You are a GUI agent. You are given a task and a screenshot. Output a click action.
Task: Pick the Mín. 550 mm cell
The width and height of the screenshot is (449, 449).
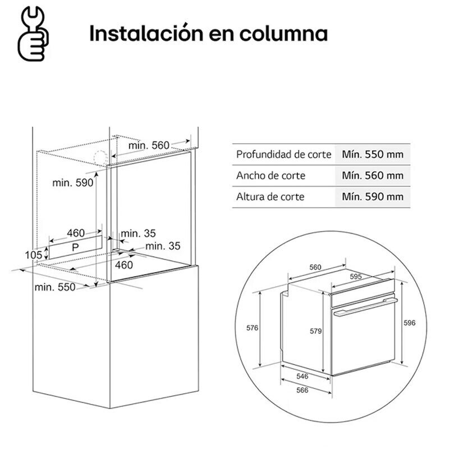click(x=372, y=154)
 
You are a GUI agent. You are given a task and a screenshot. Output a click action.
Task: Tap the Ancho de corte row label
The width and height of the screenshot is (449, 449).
click(x=271, y=175)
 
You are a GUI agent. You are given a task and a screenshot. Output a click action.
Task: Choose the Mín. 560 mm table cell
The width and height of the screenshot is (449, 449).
click(x=372, y=175)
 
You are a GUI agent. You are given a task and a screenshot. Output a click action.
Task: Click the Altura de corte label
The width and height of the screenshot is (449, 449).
click(x=271, y=196)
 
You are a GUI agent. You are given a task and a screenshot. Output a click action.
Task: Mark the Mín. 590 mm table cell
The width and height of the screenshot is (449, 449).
click(x=372, y=196)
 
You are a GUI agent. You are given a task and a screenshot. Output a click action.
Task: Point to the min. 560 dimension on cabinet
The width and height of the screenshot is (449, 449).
click(x=148, y=145)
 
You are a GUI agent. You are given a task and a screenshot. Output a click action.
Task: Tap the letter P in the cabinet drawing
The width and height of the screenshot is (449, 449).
click(x=75, y=247)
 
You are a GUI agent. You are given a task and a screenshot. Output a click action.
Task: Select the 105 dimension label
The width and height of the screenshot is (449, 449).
click(x=33, y=255)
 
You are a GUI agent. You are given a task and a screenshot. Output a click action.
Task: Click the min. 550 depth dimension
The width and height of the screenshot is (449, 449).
click(x=54, y=287)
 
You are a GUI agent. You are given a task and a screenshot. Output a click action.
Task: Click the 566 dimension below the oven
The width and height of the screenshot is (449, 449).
click(x=303, y=391)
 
